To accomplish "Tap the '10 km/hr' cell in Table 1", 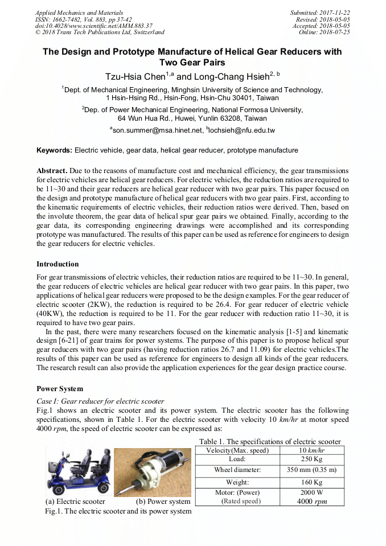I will (x=312, y=450).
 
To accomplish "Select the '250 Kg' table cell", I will (x=312, y=459).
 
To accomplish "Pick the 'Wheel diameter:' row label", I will (x=237, y=470).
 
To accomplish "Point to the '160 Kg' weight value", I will (x=312, y=482).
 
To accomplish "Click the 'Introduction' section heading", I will (x=58, y=264).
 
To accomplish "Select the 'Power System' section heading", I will (x=60, y=389).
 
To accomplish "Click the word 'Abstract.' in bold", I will (x=53, y=171).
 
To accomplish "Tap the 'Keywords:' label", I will (x=55, y=150).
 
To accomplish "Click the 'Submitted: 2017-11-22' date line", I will (x=320, y=13).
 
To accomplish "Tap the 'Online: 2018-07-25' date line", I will (x=324, y=32).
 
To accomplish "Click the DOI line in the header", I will (x=93, y=26).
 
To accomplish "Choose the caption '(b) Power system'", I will (x=163, y=502).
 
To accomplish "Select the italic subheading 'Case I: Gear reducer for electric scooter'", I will (x=100, y=401).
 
